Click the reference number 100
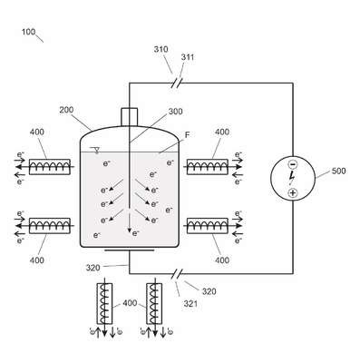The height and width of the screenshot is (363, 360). (29, 32)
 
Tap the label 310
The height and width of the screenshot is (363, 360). (161, 49)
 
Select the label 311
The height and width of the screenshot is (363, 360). (188, 57)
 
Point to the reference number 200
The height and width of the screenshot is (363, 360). (66, 110)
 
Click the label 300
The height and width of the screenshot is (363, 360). (176, 112)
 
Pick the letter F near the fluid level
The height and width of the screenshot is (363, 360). (187, 135)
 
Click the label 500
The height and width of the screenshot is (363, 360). (338, 171)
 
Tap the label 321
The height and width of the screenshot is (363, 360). (190, 303)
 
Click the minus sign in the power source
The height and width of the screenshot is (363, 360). (293, 164)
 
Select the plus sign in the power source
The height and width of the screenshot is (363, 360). (292, 192)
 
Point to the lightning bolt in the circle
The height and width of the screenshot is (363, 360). (292, 177)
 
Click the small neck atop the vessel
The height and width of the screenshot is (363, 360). (130, 116)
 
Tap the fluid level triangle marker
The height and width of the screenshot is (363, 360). (97, 150)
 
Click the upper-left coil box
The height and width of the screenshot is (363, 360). (50, 167)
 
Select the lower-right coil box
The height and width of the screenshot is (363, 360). (208, 226)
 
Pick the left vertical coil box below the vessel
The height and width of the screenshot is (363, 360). (104, 303)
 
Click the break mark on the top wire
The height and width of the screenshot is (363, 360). (177, 83)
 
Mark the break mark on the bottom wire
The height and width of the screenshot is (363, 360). (177, 274)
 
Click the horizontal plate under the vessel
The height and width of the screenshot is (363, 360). (130, 250)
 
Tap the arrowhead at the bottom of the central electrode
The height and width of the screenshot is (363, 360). (130, 231)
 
